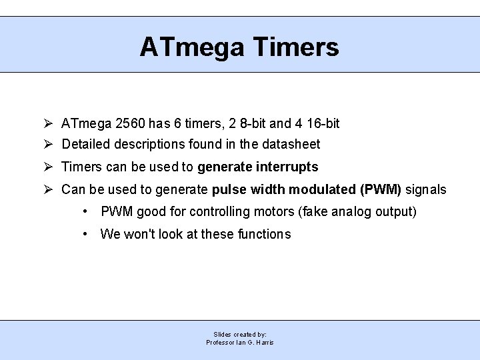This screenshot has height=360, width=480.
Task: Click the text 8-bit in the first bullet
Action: tap(253, 123)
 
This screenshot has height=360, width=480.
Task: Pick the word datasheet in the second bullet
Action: tap(290, 144)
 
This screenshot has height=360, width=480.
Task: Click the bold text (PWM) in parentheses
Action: tap(381, 190)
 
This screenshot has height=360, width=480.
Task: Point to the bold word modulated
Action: tap(323, 190)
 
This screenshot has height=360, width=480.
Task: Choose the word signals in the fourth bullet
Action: tap(426, 190)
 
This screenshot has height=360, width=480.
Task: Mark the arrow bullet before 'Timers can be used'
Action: tap(49, 167)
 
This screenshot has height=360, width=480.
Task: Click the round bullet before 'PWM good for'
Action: tap(87, 212)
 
